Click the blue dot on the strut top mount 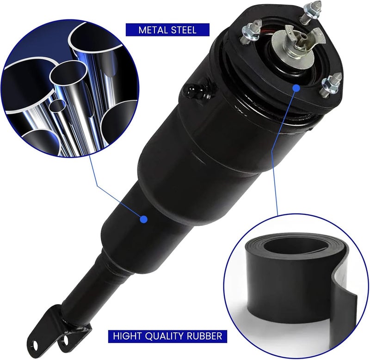[x=296, y=88]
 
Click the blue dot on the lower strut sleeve [x=144, y=219]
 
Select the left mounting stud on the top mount [x=250, y=32]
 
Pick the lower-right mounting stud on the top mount [x=332, y=85]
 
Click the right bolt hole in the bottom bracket [x=66, y=340]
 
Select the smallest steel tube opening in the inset [x=57, y=105]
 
